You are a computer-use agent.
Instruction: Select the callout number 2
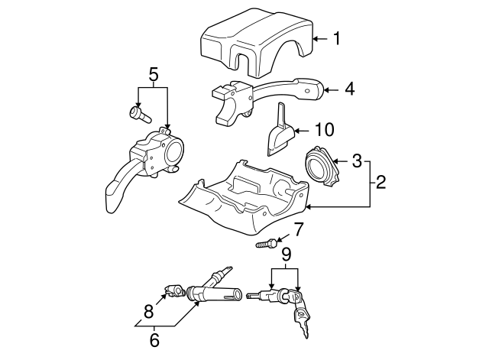pos(381,183)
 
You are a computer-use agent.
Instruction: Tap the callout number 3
pos(356,161)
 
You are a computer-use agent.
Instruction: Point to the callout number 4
pos(349,89)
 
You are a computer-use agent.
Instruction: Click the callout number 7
pos(298,229)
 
